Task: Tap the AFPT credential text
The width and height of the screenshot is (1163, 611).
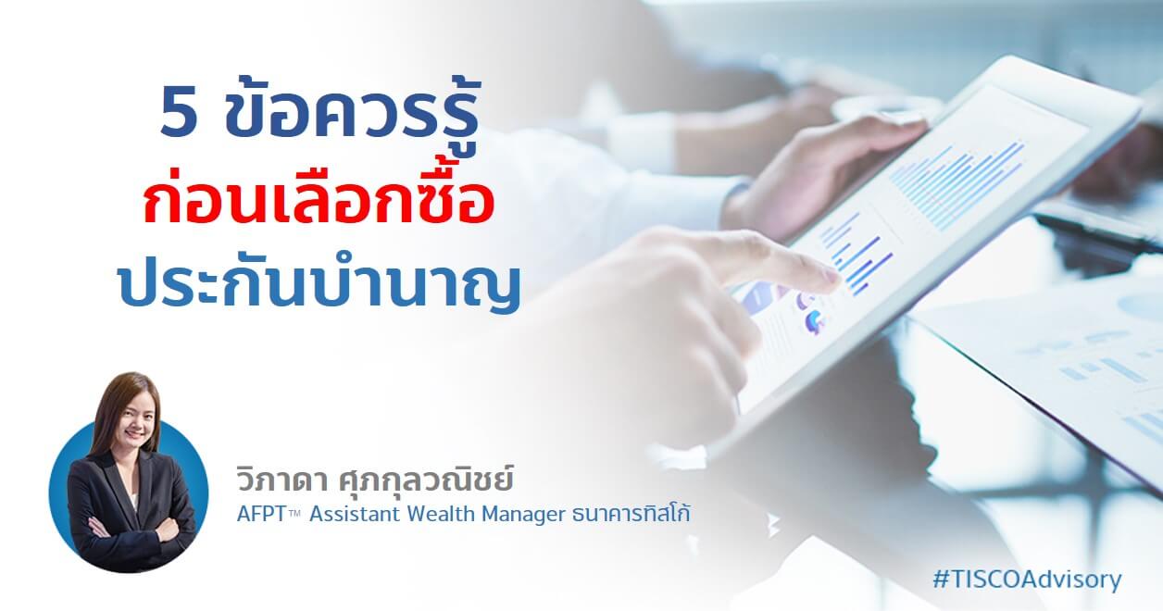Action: click(x=268, y=514)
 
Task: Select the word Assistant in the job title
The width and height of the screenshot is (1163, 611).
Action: click(x=356, y=514)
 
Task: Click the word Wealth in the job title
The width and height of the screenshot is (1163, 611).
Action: click(x=441, y=514)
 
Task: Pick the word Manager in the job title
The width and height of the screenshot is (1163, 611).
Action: click(x=523, y=515)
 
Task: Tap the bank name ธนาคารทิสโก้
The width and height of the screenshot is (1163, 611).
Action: click(x=631, y=513)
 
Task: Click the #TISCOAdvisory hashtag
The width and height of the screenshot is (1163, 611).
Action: click(x=1027, y=580)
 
